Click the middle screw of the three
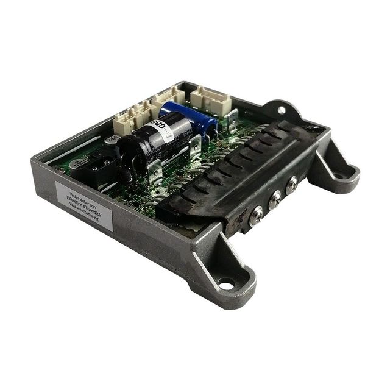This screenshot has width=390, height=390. click(275, 197)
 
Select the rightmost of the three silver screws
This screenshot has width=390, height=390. click(292, 182)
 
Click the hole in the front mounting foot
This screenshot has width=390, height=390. click(226, 283)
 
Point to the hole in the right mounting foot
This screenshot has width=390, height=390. click(339, 176)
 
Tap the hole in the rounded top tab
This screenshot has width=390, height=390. click(282, 110)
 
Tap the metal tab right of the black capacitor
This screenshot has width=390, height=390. click(196, 146)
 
